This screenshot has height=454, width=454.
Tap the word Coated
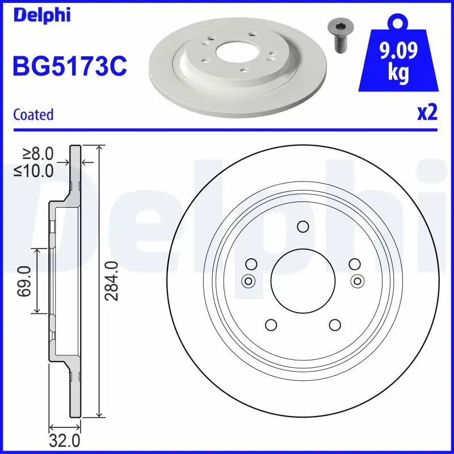pos(33,115)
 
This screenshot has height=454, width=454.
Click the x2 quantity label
pos(427,113)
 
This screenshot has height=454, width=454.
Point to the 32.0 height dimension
pos(65,440)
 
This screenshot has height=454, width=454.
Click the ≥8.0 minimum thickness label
pos(38,153)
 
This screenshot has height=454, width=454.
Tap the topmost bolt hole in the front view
pos(302,226)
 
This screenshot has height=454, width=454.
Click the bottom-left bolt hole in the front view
pos(270,325)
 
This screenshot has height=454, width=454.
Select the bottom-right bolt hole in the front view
pos(334,325)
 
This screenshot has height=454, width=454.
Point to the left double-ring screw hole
pos(248,280)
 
